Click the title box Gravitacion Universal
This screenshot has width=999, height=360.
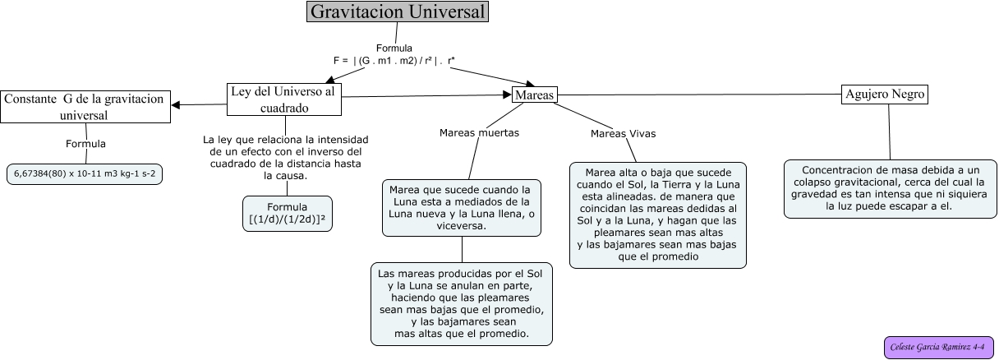[x=398, y=12]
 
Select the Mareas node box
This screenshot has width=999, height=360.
[x=534, y=95]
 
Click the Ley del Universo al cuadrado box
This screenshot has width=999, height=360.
[x=284, y=99]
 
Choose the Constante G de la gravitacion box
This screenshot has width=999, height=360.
[x=85, y=107]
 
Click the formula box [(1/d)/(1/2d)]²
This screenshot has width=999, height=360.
[x=288, y=214]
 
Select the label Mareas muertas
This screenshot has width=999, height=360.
[x=479, y=132]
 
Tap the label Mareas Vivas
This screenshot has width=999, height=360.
[x=623, y=133]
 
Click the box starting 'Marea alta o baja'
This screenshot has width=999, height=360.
[x=657, y=215]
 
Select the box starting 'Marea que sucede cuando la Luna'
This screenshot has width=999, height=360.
[x=462, y=207]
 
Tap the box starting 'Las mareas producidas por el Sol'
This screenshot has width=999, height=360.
[x=462, y=304]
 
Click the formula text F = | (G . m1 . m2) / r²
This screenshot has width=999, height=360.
[x=394, y=60]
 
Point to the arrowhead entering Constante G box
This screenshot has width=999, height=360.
[x=176, y=104]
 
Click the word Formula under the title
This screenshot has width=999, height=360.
[x=394, y=48]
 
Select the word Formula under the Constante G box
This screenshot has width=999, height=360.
[x=85, y=144]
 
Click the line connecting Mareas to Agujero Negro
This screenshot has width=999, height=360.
[x=698, y=95]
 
